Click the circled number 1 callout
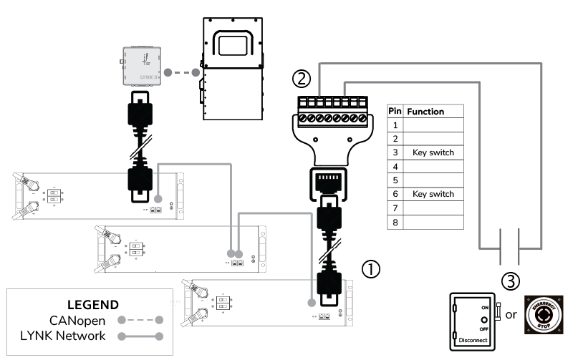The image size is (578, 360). pyautogui.click(x=371, y=268)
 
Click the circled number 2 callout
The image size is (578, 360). pyautogui.click(x=303, y=77)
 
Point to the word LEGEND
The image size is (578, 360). pyautogui.click(x=92, y=304)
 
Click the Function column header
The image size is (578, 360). pyautogui.click(x=425, y=112)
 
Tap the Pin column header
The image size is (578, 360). pyautogui.click(x=395, y=112)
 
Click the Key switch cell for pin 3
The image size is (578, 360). pyautogui.click(x=433, y=153)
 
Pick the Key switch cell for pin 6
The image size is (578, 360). pyautogui.click(x=433, y=195)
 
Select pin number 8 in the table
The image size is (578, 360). pyautogui.click(x=395, y=223)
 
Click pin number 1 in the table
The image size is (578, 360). pyautogui.click(x=395, y=125)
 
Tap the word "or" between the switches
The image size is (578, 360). pyautogui.click(x=511, y=316)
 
